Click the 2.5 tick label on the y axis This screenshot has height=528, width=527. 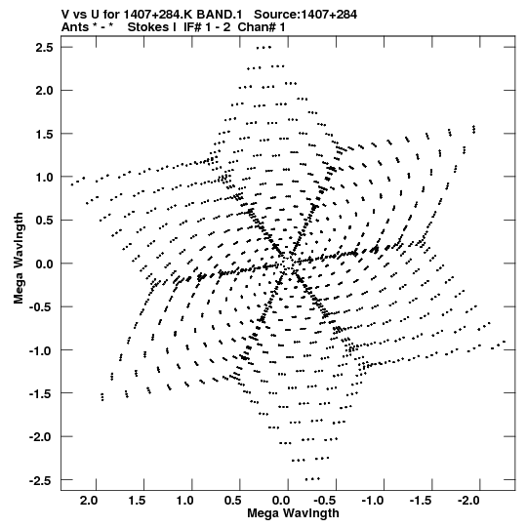pyautogui.click(x=45, y=48)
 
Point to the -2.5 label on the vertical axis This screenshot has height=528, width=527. pyautogui.click(x=41, y=480)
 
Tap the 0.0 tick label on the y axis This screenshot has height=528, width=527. pyautogui.click(x=45, y=264)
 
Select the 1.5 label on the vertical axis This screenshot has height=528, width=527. pyautogui.click(x=45, y=134)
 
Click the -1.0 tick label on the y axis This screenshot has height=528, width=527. pyautogui.click(x=41, y=350)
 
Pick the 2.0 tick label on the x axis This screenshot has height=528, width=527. pyautogui.click(x=89, y=501)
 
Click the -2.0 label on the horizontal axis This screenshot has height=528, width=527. pyautogui.click(x=469, y=501)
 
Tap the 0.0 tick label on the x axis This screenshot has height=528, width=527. pyautogui.click(x=281, y=501)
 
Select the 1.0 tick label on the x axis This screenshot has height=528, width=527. pyautogui.click(x=185, y=501)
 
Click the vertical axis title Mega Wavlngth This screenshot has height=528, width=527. pyautogui.click(x=19, y=259)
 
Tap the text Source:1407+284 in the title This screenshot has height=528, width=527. pyautogui.click(x=305, y=15)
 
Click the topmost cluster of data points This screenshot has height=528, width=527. pyautogui.click(x=263, y=48)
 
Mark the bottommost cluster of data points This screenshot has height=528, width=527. pyautogui.click(x=312, y=479)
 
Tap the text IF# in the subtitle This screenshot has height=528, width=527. pyautogui.click(x=192, y=27)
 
